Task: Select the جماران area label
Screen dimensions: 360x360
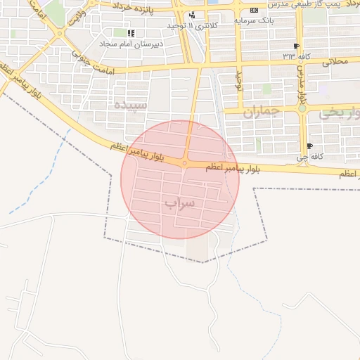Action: tap(261, 111)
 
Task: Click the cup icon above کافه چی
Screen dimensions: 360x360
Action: tap(309, 146)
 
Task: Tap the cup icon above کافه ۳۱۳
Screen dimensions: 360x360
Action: tap(296, 46)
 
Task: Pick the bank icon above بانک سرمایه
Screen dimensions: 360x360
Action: tap(254, 11)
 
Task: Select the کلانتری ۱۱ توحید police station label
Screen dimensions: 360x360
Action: tap(191, 25)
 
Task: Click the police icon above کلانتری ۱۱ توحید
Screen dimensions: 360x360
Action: tap(192, 15)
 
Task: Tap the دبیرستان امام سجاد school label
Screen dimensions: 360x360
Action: tap(131, 43)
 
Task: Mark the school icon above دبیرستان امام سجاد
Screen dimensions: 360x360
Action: tap(131, 33)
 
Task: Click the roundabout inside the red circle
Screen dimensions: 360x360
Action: tap(184, 164)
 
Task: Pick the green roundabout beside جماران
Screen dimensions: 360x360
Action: tap(302, 109)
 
